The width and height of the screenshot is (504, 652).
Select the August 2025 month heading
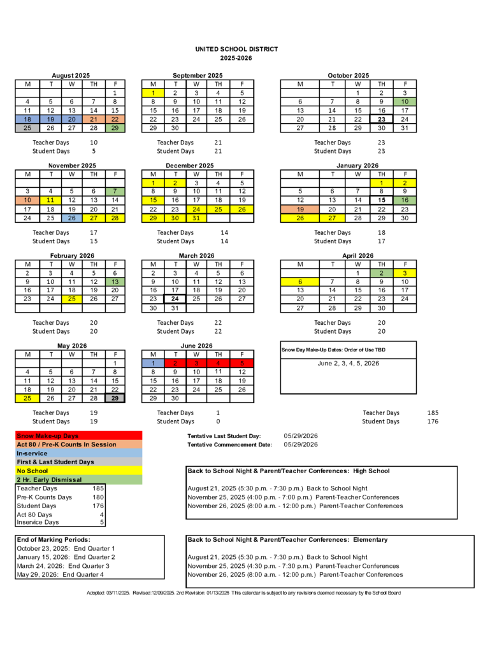[71, 76]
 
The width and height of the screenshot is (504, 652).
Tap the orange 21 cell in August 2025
[93, 119]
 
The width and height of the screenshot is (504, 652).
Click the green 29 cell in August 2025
[115, 128]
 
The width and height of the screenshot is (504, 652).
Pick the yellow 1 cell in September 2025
[153, 93]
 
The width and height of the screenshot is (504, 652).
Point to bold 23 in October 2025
[382, 119]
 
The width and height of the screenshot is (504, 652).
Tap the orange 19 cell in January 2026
[299, 209]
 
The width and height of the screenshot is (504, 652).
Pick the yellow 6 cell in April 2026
[299, 281]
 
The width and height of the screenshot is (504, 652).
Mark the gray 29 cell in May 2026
[115, 398]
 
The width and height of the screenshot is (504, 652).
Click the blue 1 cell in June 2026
[153, 363]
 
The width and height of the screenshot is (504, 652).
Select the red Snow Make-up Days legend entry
[48, 436]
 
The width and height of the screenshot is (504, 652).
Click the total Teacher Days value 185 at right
[433, 413]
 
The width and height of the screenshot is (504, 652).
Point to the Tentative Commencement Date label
[229, 444]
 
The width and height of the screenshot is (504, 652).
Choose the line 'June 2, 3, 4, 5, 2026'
[348, 364]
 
